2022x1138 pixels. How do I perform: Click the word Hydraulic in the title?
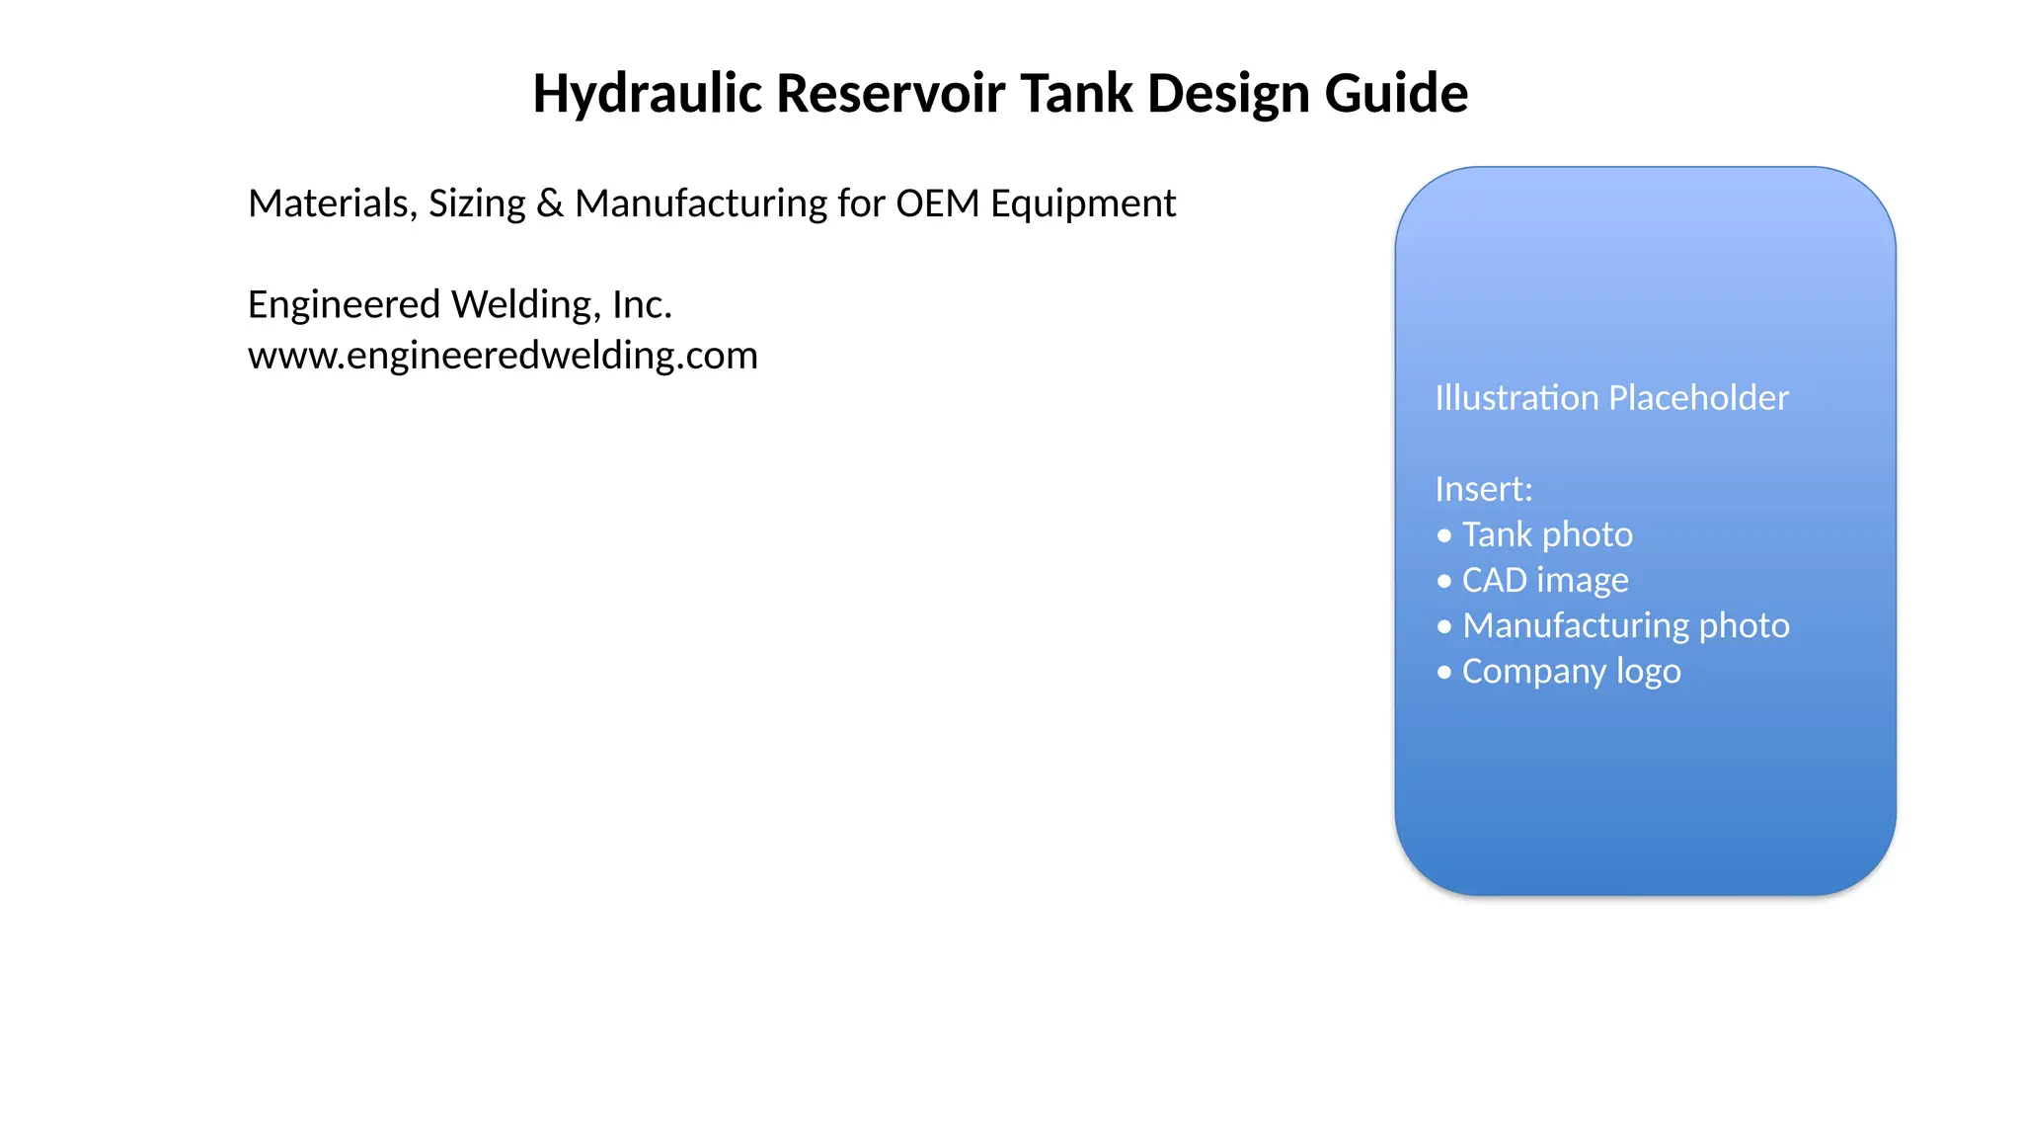(648, 95)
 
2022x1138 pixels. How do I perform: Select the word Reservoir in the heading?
(892, 94)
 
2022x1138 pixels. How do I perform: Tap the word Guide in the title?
(1396, 94)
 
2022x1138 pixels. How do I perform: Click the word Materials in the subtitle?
(333, 203)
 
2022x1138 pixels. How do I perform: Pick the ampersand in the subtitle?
(550, 203)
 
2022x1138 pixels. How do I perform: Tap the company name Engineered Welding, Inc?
(460, 304)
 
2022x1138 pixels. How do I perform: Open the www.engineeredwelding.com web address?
(503, 355)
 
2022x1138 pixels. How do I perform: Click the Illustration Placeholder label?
(1611, 397)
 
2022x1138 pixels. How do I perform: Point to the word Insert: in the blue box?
(1483, 489)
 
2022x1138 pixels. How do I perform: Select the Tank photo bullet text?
(1547, 534)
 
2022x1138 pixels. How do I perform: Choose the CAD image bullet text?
(1545, 581)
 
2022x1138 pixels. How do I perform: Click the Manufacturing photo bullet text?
(1626, 626)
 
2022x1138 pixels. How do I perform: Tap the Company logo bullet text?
(1571, 672)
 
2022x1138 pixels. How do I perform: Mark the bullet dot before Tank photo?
(1444, 535)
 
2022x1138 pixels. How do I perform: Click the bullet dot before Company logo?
(1444, 672)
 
